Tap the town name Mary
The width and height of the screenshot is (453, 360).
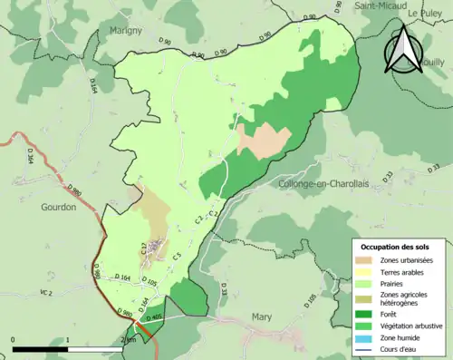point(260,317)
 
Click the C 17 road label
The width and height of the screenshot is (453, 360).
point(144,247)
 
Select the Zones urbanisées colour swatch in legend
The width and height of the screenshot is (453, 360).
point(367,260)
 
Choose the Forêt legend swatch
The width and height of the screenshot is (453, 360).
point(367,310)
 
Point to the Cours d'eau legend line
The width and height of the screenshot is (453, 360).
point(367,348)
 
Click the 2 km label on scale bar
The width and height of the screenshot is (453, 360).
point(128,340)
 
